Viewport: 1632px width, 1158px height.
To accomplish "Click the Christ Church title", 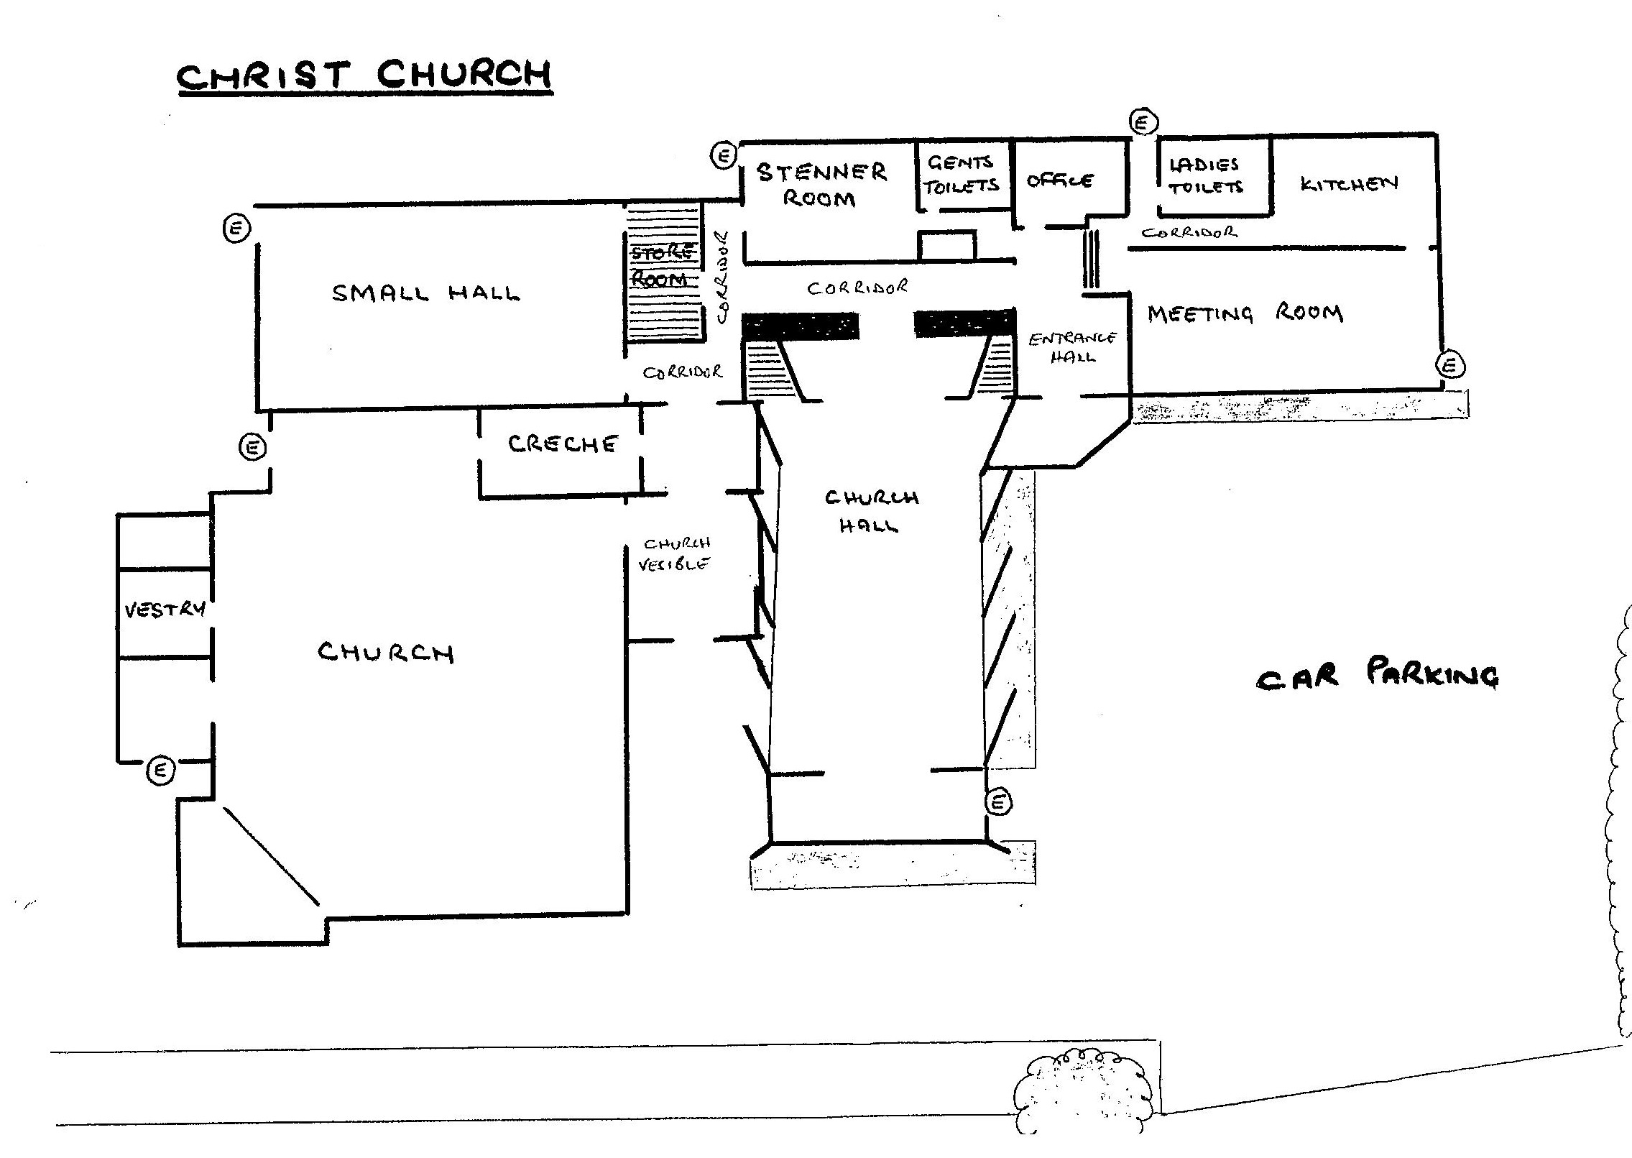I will (x=364, y=75).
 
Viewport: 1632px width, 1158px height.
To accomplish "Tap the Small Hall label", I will (x=425, y=293).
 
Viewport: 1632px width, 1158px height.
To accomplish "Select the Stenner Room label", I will (x=821, y=185).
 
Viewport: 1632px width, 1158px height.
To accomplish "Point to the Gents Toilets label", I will (x=961, y=175).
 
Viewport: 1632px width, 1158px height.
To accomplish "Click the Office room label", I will (x=1060, y=180).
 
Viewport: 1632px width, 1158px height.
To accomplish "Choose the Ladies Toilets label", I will (x=1205, y=175).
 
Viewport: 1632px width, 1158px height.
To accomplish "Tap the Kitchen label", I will (x=1349, y=183).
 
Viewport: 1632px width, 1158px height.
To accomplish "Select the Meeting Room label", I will (x=1245, y=314).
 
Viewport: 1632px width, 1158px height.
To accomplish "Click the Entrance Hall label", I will (x=1072, y=347).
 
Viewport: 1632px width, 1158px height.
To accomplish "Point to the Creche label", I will (x=562, y=444).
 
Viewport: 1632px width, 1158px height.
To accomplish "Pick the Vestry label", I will (x=165, y=610).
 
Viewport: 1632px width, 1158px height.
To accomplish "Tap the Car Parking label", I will (x=1377, y=676).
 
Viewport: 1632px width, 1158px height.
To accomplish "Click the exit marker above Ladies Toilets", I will (x=1143, y=122).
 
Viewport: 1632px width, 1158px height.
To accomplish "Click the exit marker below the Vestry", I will (x=161, y=771).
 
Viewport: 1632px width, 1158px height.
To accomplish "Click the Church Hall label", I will (x=871, y=511).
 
